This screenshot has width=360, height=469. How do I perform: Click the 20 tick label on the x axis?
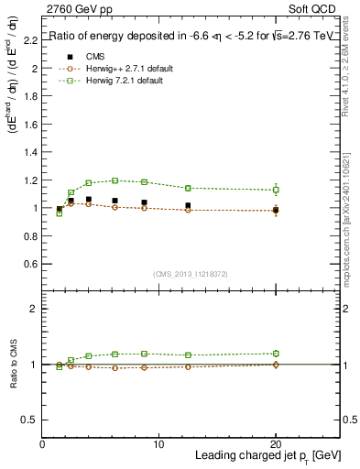coord(276,444)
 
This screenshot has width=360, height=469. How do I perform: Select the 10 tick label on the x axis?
coord(158,444)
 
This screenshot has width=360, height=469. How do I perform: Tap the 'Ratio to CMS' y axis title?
coord(13,365)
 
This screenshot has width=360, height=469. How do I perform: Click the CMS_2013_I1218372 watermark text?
coord(191,273)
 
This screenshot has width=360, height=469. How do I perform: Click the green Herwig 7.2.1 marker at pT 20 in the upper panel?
coord(276,190)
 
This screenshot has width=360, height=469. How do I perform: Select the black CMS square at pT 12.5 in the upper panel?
coord(188,206)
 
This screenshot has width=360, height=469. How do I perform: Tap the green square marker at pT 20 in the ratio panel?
coord(276,353)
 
